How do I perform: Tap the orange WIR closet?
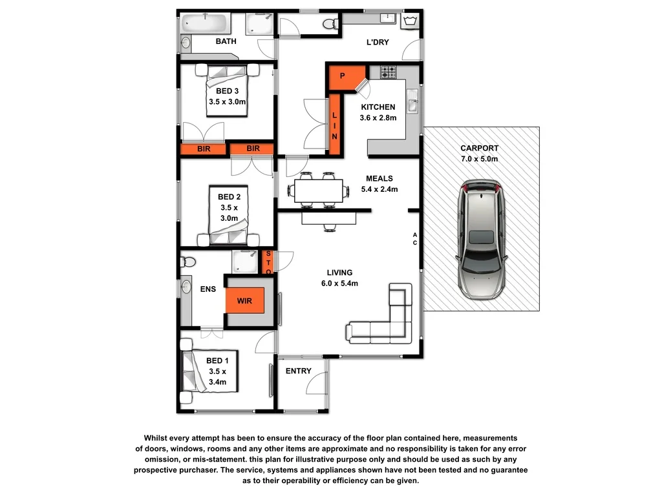244,300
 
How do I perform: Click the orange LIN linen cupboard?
334,125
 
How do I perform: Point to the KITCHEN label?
378,107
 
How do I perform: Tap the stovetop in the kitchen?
389,72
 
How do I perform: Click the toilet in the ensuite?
188,262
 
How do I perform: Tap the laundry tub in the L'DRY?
409,22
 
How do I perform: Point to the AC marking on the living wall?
415,238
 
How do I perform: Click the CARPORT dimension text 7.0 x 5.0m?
479,159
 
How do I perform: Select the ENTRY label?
298,371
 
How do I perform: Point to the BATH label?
226,41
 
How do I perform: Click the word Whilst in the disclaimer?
158,438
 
